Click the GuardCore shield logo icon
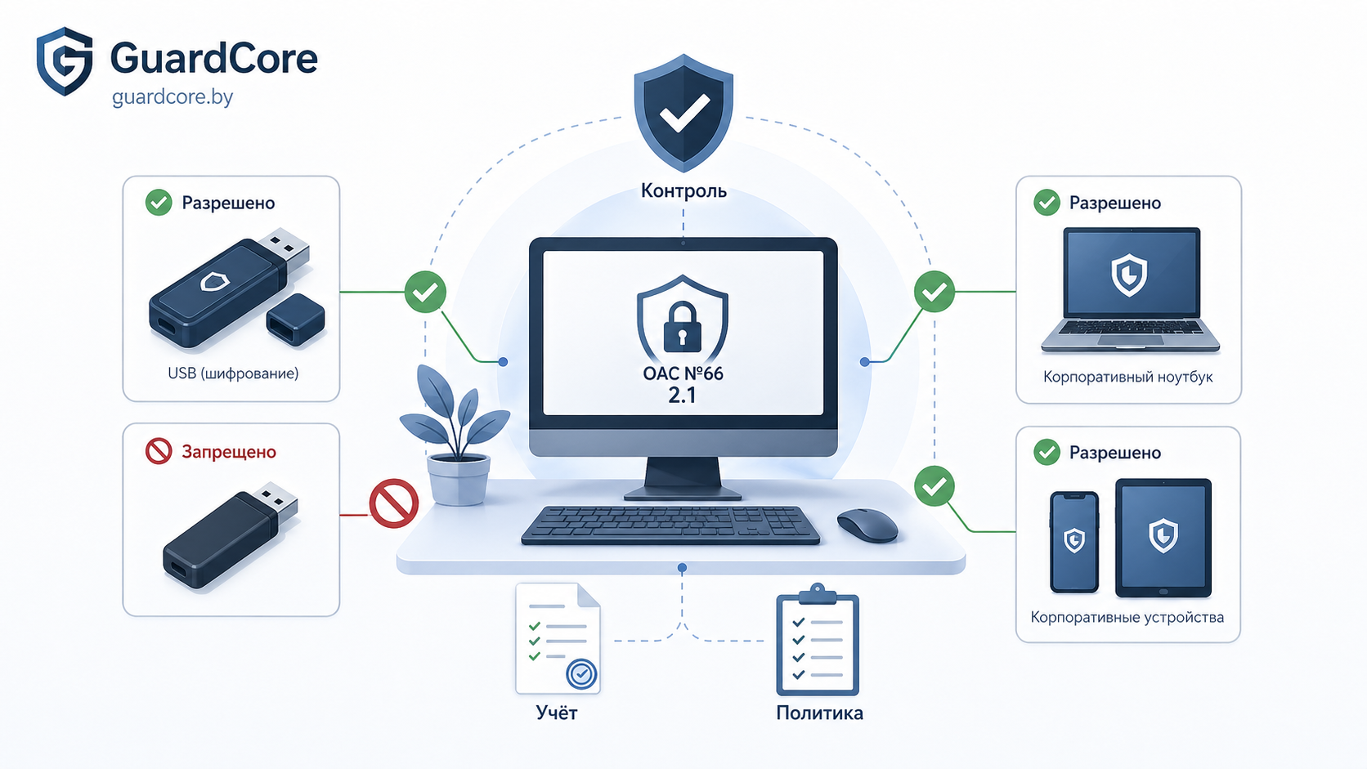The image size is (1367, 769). coord(64,61)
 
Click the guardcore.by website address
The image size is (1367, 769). coord(172,97)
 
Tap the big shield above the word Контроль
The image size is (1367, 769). coord(683,113)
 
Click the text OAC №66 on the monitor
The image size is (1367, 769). coord(683,373)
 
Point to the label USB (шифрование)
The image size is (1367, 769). coord(233,373)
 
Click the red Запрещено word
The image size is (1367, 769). coord(229,452)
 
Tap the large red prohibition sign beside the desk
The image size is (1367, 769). coord(393,503)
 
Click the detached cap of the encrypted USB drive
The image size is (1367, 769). coord(295,320)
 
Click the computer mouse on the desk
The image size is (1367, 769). coord(867,525)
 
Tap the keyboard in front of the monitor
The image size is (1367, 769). coord(670,525)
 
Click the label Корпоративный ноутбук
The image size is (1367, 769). coord(1127,377)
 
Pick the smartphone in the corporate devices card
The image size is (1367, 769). coord(1074,542)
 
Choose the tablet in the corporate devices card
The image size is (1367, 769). coord(1163,538)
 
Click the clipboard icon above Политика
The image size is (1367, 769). coord(818,640)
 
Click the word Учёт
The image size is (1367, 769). coord(557,713)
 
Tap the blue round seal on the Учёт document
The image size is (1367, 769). coord(581,674)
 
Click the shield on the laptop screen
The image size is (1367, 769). coord(1129,275)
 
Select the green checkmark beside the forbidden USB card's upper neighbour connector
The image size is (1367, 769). coord(425,292)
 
